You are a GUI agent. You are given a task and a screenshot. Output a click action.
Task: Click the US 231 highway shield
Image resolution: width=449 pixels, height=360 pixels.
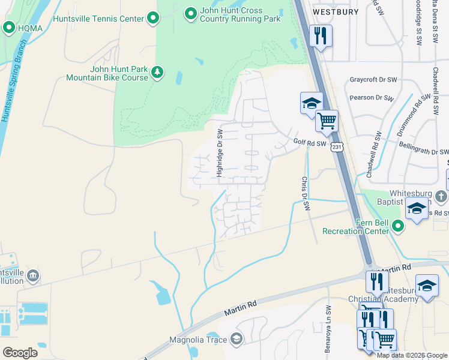(x=337, y=146)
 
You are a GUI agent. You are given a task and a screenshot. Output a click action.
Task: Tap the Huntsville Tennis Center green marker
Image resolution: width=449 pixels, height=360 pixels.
(x=154, y=19)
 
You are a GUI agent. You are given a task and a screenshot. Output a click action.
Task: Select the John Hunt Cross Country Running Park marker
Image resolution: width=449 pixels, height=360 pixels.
(x=190, y=13)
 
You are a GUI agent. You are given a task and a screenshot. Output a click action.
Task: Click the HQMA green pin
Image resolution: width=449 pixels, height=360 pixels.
(x=9, y=27)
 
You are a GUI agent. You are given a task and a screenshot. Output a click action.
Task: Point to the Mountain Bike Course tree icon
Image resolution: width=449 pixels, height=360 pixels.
(x=157, y=73)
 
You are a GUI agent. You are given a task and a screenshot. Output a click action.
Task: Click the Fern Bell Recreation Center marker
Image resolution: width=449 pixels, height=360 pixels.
(x=399, y=226)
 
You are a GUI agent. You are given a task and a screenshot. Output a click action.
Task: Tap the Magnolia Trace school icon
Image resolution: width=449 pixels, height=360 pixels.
(x=237, y=340)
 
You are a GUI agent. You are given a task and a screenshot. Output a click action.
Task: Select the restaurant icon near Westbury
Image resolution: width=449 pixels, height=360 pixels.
(x=321, y=35)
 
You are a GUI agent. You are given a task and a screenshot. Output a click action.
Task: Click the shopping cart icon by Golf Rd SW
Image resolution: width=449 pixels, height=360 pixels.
(x=327, y=121)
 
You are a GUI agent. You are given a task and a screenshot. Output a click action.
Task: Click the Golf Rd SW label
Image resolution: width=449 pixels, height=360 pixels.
(x=310, y=143)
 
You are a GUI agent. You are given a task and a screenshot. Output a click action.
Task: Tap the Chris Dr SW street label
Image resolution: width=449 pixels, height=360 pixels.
(x=305, y=193)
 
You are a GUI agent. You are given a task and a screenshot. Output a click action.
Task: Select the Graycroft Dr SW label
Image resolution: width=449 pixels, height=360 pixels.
(x=373, y=80)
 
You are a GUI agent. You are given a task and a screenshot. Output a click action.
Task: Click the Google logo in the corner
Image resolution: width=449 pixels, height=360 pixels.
(x=20, y=352)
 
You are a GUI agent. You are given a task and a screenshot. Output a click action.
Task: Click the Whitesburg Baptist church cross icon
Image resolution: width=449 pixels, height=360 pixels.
(x=440, y=196)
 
